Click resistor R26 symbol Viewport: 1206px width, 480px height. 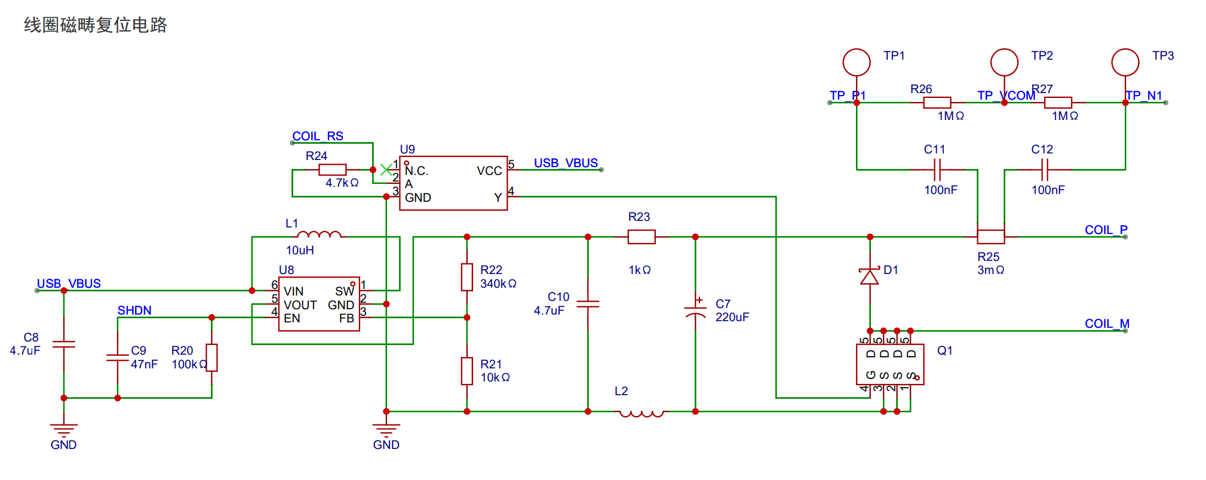937,103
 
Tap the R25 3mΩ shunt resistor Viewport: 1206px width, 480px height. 990,237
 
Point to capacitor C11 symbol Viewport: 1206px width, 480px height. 937,170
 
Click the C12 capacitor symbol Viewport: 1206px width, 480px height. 1044,170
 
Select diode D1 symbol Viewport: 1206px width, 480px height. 869,276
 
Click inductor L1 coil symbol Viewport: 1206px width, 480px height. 319,234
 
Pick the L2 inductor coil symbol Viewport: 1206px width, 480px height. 642,413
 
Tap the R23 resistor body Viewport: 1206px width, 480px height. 642,237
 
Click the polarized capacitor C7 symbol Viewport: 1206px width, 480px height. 695,310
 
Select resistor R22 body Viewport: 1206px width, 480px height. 467,277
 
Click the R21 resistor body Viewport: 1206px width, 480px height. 467,371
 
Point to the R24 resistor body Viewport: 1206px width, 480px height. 332,170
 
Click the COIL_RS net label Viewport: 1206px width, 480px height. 318,136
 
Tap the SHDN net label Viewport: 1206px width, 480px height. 134,310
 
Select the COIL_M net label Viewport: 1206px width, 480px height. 1107,324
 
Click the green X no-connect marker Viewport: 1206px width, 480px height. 386,170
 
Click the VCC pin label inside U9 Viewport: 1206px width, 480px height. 489,171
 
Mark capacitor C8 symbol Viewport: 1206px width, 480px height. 64,344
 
